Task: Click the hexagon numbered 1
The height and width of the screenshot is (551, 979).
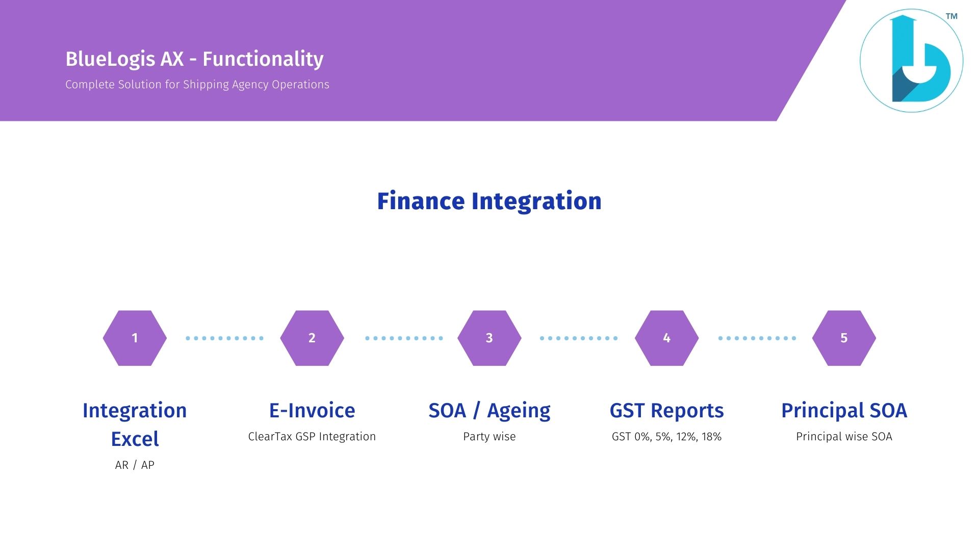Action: point(135,338)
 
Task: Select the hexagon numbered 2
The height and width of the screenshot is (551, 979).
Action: point(312,338)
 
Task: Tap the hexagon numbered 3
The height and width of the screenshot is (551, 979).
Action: point(489,338)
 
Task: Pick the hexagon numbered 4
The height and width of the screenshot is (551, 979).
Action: point(666,338)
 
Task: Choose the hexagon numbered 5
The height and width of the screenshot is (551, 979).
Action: point(844,338)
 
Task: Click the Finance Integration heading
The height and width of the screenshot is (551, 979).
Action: point(489,201)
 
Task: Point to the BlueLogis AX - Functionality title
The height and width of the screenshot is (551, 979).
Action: point(194,59)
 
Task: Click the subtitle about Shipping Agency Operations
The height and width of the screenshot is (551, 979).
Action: point(197,85)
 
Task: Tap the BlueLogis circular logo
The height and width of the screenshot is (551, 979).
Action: point(912,61)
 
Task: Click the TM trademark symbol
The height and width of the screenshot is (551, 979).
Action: point(951,16)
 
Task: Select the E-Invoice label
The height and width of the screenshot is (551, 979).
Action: point(312,410)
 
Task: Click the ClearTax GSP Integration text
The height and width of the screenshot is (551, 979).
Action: point(312,437)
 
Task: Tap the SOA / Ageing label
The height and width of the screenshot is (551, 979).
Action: point(489,411)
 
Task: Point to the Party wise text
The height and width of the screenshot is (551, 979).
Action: point(489,437)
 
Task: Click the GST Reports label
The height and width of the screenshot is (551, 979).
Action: point(666,411)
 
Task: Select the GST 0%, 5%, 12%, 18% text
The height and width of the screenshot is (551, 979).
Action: point(666,437)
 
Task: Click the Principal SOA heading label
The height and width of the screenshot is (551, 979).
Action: point(844,411)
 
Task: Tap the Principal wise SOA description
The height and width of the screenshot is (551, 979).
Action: point(844,437)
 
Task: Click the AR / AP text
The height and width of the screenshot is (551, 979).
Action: point(135,465)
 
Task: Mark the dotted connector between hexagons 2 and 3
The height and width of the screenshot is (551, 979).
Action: point(404,338)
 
